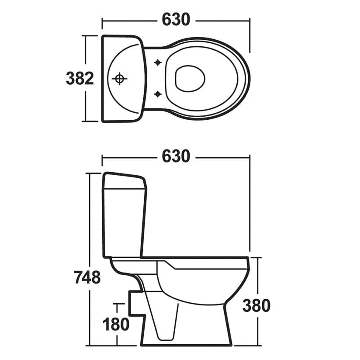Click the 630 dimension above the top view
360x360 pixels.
click(x=176, y=19)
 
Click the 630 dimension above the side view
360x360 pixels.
click(x=176, y=156)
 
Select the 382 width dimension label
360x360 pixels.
click(x=80, y=79)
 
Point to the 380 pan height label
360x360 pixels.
click(x=256, y=305)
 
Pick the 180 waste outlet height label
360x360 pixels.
click(x=116, y=324)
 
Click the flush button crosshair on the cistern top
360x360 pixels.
click(x=119, y=79)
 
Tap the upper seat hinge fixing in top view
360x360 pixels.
click(x=158, y=63)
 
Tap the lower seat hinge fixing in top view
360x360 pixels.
click(x=158, y=93)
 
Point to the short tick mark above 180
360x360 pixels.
click(x=117, y=303)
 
